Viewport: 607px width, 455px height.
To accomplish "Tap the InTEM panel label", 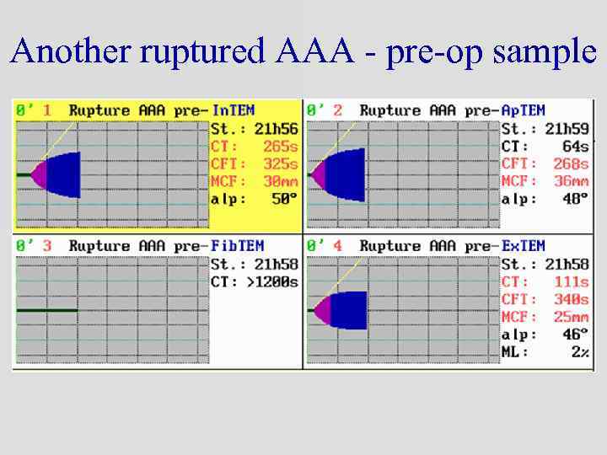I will pos(234,110).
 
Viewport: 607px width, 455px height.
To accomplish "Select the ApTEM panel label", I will pos(523,110).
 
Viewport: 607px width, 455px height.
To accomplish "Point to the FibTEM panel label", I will pos(237,246).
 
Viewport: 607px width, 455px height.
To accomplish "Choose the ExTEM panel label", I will pos(523,246).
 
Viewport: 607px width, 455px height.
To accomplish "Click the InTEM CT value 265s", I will pos(280,147).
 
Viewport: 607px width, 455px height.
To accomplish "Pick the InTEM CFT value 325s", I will pos(280,163).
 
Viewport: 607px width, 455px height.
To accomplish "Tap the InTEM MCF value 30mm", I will pos(280,181).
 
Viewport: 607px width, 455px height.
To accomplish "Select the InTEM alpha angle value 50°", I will pos(284,199).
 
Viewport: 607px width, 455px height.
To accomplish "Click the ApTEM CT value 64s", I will pos(575,147).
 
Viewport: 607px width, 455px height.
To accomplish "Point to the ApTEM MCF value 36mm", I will pos(570,181).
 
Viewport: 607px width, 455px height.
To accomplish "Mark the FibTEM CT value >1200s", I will pos(268,281).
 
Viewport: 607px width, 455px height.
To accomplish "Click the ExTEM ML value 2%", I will pos(579,351).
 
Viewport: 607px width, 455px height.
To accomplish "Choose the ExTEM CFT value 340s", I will pos(570,299).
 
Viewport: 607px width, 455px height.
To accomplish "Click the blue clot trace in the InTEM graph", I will pos(64,174).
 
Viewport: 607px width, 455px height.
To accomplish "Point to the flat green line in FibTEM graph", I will pos(47,311).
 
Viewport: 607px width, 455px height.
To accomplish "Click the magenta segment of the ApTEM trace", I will pos(319,174).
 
